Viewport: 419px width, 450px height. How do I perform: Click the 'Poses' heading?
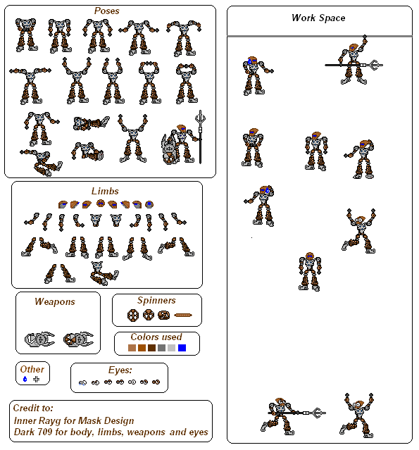coord(106,11)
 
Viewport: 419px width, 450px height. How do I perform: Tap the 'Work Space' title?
coord(318,18)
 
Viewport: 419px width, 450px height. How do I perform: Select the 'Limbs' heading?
coord(105,191)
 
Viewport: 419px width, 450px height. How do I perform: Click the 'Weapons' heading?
coord(55,301)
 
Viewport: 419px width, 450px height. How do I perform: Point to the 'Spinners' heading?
coord(156,300)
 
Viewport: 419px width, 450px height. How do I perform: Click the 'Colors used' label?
coord(156,337)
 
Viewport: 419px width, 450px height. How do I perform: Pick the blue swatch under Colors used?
coord(182,348)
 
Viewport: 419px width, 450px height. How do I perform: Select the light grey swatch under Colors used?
coord(171,348)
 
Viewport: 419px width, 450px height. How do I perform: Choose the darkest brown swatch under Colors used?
coord(151,348)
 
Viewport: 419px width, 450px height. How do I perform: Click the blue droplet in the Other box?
coord(25,379)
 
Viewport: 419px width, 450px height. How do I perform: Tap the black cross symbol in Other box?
coord(36,380)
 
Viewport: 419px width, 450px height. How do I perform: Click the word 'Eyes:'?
coord(120,370)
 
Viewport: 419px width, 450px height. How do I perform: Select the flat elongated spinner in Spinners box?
coord(183,315)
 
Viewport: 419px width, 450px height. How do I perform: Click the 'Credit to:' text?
coord(33,408)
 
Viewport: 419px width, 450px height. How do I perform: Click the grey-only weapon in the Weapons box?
coord(39,339)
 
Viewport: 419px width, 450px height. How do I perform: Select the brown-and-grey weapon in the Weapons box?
coord(78,339)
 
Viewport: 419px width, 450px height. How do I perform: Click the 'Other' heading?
coord(32,369)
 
